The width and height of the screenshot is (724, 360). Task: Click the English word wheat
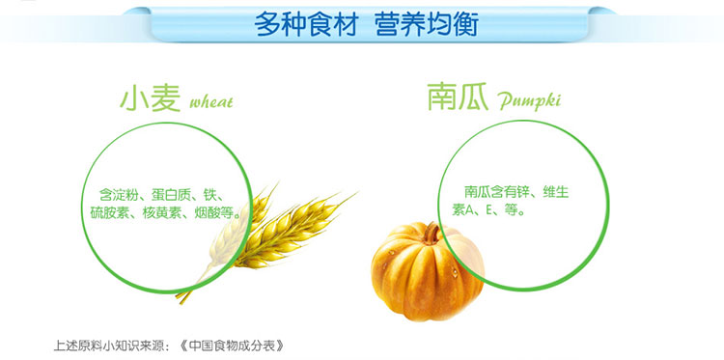click(x=211, y=101)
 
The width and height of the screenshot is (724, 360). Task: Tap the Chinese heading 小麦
click(x=150, y=97)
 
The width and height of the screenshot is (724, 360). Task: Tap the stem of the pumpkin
click(x=435, y=232)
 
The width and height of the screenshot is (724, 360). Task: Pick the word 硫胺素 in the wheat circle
click(x=110, y=212)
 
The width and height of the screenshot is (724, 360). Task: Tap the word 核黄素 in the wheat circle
click(x=163, y=212)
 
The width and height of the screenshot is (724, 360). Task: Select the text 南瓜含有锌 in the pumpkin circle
click(x=495, y=190)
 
